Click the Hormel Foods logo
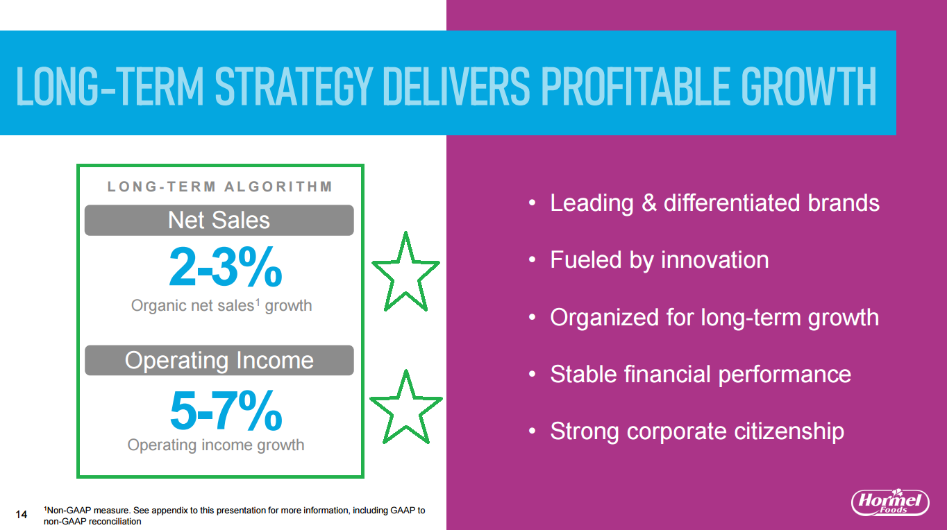point(890,502)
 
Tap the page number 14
point(21,514)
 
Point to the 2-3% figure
point(226,267)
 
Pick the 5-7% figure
point(226,410)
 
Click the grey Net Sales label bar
point(219,220)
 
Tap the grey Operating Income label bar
point(219,360)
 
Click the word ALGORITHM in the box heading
point(278,186)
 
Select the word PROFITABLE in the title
point(635,86)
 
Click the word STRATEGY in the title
point(294,86)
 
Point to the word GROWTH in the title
point(809,86)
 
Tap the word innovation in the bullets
point(715,259)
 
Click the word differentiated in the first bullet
point(731,203)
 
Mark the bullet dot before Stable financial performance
point(533,374)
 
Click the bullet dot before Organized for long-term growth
point(533,317)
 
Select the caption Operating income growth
point(216,445)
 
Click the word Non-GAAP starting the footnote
point(67,510)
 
